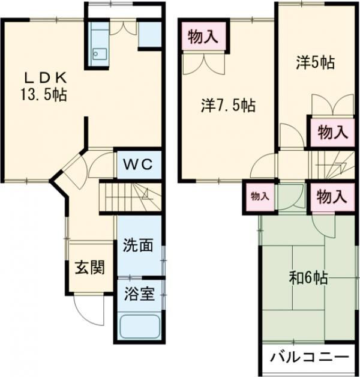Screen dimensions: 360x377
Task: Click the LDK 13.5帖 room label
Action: (x=43, y=86)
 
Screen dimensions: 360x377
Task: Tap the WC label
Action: (x=138, y=164)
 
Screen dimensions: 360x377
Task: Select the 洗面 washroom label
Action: (x=138, y=246)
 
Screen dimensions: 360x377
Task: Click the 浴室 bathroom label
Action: (x=139, y=294)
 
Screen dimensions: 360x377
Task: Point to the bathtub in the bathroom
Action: (x=140, y=327)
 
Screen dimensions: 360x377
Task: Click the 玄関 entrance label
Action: (x=90, y=267)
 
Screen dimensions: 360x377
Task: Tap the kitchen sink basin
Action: (x=100, y=54)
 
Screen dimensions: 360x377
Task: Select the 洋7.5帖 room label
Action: (x=228, y=105)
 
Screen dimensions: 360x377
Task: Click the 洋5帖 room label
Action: (x=316, y=62)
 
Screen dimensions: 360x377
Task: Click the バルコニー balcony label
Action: (x=310, y=357)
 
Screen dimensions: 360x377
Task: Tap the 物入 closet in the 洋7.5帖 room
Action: (x=203, y=37)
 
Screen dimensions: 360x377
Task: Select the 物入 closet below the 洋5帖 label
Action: (x=332, y=133)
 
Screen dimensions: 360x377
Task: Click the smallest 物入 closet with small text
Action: (x=260, y=196)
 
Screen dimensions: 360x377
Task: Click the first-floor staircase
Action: (x=130, y=198)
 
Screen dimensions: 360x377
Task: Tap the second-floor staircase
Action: (x=333, y=165)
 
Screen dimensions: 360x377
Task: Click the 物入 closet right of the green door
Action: (x=332, y=197)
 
